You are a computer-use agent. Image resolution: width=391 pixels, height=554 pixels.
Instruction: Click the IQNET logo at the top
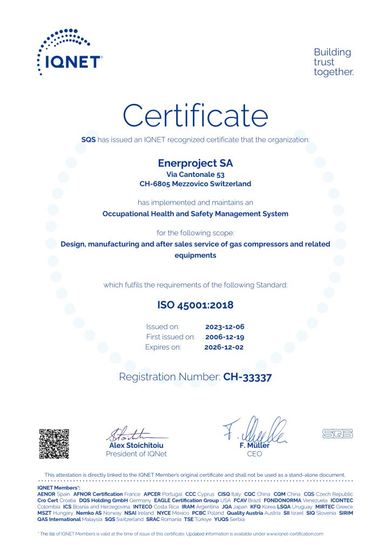point(69,52)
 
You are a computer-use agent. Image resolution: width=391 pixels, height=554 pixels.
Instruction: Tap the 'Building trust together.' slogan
point(333,62)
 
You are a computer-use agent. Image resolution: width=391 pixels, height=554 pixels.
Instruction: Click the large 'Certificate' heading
point(195,116)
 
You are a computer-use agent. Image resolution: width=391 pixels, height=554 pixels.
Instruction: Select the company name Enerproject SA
point(195,162)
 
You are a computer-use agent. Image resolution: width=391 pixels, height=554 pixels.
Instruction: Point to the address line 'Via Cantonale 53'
point(195,175)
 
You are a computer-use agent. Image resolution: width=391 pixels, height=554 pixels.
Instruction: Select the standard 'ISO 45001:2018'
point(195,305)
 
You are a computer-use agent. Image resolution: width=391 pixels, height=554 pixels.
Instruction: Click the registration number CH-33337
point(247,377)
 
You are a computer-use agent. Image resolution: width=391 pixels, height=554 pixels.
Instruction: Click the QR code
point(54,444)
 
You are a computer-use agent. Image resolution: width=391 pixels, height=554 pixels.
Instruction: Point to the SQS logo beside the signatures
point(337,433)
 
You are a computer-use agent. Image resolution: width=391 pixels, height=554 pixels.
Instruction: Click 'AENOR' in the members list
point(46,494)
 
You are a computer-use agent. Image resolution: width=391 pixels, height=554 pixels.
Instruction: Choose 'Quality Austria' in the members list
point(245,513)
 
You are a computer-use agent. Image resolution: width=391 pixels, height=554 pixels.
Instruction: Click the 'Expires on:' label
point(163,347)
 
